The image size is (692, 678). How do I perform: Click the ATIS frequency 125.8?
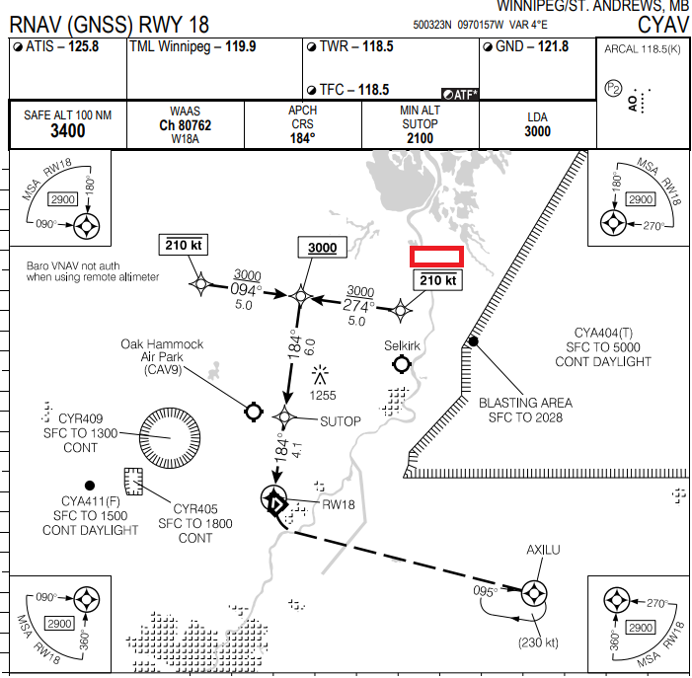click(83, 46)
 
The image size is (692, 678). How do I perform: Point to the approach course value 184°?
click(302, 138)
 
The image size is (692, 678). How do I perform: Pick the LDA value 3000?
click(537, 131)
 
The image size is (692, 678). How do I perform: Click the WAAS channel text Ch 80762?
click(185, 125)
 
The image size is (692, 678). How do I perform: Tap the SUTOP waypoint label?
click(342, 421)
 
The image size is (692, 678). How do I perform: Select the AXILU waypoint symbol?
click(534, 593)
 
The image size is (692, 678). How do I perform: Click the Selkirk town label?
click(402, 346)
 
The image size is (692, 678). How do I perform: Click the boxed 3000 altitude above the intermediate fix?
click(322, 249)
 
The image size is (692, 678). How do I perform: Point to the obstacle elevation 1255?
click(322, 396)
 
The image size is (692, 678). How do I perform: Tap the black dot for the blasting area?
click(473, 341)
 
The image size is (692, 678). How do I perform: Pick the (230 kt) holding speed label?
click(539, 642)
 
